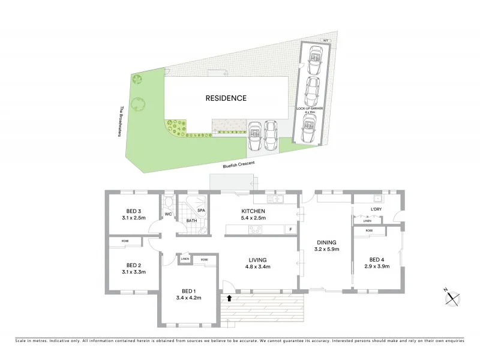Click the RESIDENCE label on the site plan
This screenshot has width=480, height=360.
click(x=226, y=98)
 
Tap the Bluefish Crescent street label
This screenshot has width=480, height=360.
click(x=238, y=163)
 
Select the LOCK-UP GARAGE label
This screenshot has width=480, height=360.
click(x=308, y=109)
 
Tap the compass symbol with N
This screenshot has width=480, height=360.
click(x=453, y=296)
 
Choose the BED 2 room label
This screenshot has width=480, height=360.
click(x=133, y=265)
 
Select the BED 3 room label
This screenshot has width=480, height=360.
click(x=133, y=211)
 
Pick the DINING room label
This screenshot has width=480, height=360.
click(x=327, y=242)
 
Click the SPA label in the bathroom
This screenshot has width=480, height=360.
click(x=202, y=211)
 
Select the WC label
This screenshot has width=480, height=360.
click(x=169, y=214)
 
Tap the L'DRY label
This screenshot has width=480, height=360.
click(x=376, y=209)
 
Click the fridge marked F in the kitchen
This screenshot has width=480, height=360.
click(x=290, y=229)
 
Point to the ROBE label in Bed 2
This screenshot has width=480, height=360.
click(x=125, y=241)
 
